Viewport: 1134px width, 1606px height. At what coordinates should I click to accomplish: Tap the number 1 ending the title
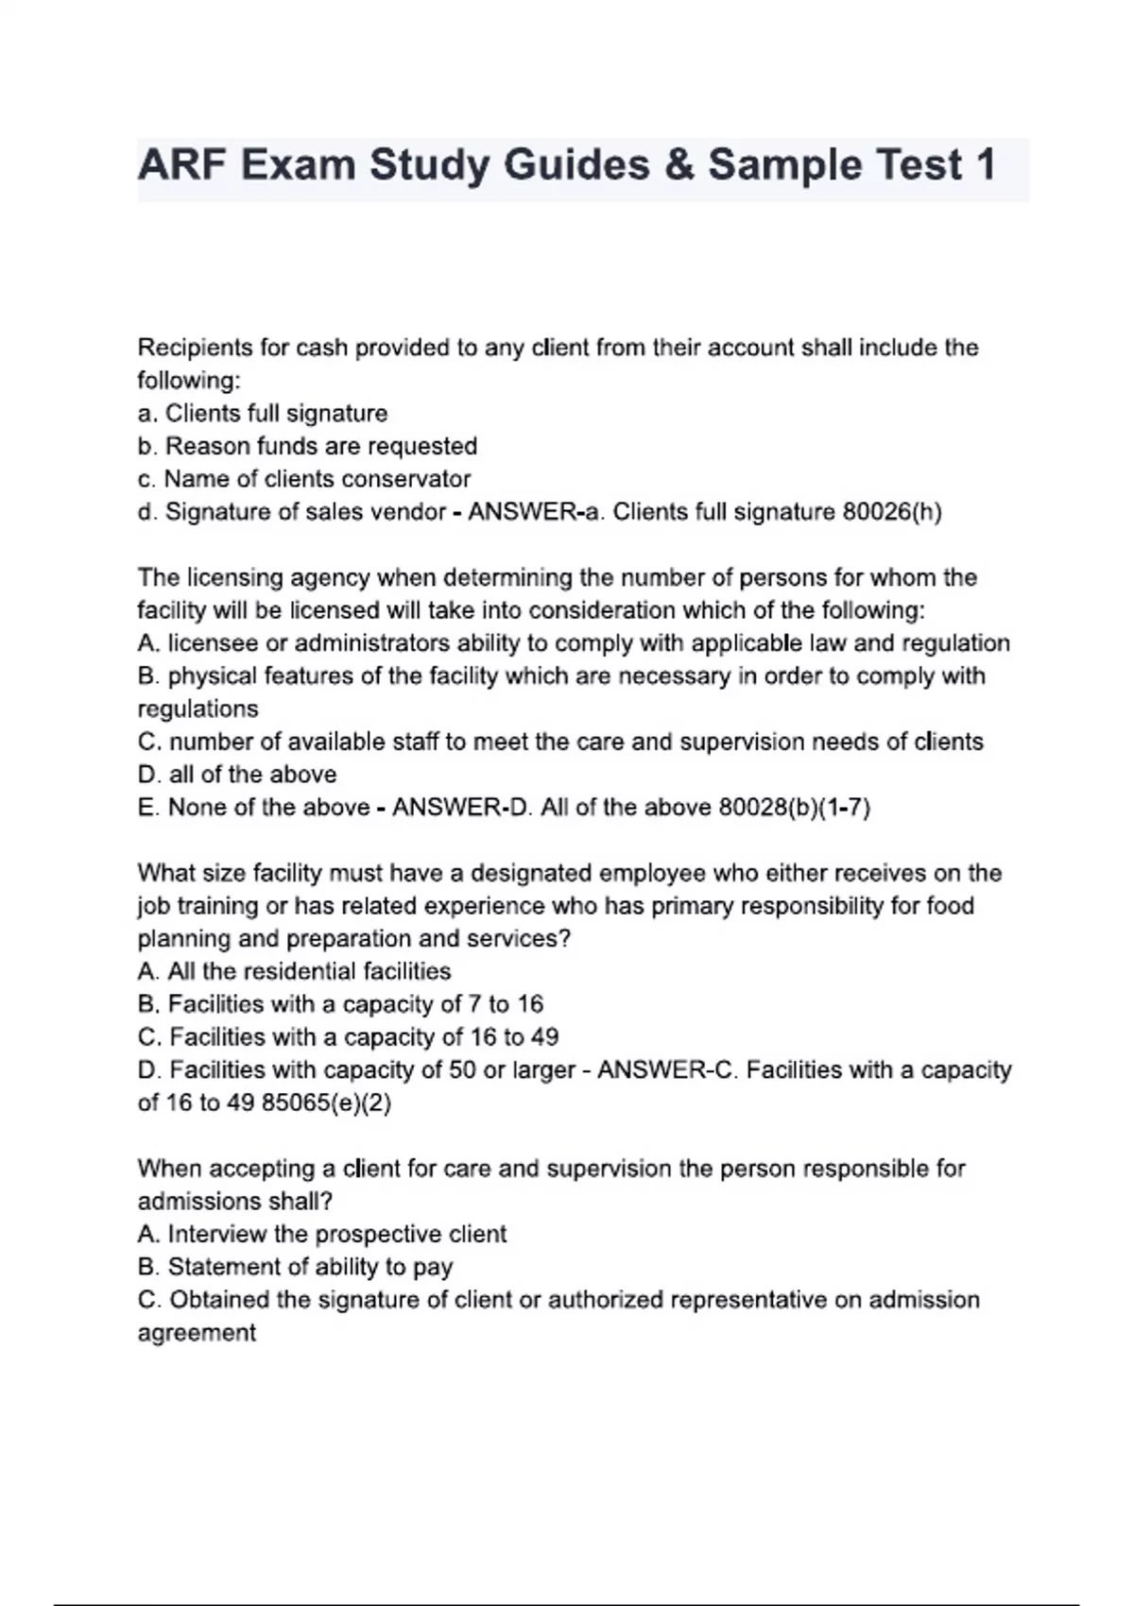coord(983,165)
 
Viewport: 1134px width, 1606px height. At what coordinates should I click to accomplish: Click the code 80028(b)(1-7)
coord(794,808)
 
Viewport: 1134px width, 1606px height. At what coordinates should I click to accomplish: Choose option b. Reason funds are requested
coord(307,446)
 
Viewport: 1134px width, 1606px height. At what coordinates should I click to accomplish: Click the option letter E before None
coord(147,808)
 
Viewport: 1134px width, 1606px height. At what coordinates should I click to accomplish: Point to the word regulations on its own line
coord(198,709)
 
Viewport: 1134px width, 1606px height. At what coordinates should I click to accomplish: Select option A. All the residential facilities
coord(294,971)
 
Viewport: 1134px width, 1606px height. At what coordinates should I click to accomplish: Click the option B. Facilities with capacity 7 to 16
coord(340,1004)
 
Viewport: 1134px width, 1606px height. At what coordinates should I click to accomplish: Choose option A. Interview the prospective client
coord(321,1234)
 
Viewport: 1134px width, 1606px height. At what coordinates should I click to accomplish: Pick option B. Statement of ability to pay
coord(295,1267)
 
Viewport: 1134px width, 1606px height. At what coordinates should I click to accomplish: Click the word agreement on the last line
coord(197,1333)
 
